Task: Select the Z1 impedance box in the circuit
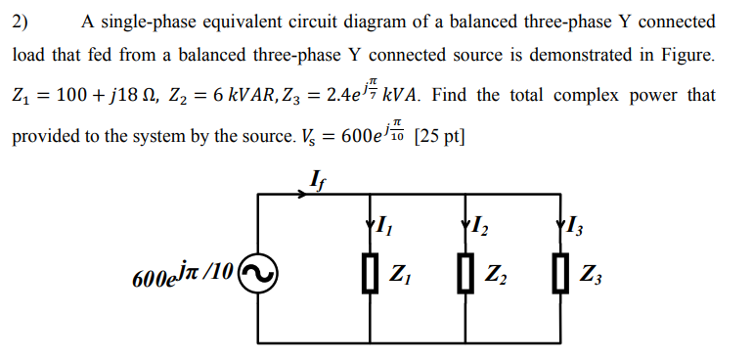tap(371, 273)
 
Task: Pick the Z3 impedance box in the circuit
tap(558, 273)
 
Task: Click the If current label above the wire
tap(314, 178)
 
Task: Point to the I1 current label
tap(382, 231)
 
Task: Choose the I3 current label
tap(572, 231)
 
